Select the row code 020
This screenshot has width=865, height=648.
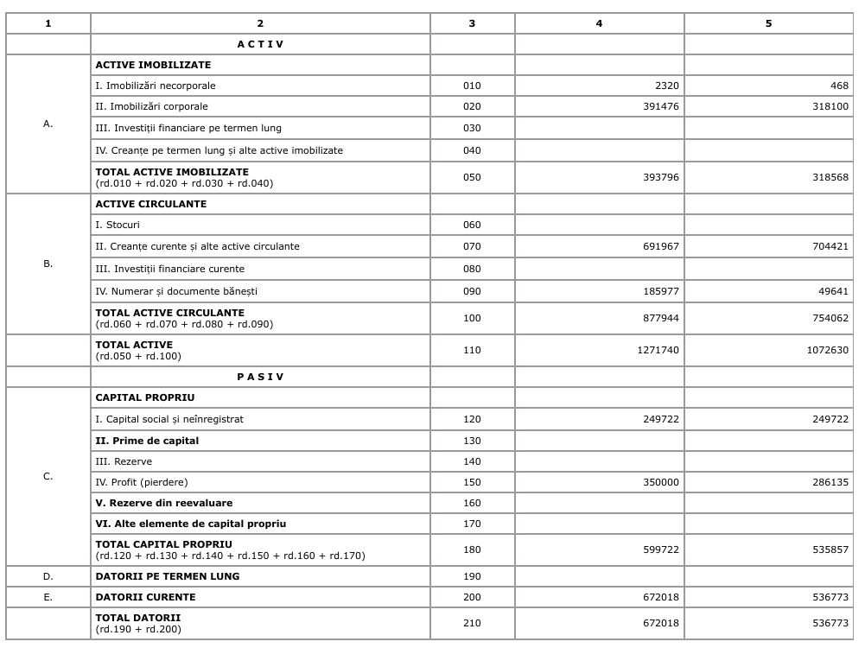click(x=472, y=106)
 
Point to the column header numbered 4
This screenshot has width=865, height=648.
click(x=599, y=23)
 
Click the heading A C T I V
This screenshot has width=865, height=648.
click(x=260, y=44)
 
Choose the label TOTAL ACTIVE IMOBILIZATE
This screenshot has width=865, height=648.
click(x=172, y=172)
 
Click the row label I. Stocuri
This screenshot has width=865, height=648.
click(x=118, y=225)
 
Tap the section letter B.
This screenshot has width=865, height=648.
click(x=48, y=264)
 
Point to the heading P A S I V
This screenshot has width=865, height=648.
click(x=260, y=377)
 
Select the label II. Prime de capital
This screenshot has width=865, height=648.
click(x=147, y=441)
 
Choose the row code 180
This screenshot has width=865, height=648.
click(x=472, y=550)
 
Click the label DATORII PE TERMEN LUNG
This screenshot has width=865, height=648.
click(x=168, y=576)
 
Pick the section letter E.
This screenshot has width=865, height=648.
click(x=48, y=597)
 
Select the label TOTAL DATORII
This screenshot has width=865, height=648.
click(x=138, y=618)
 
